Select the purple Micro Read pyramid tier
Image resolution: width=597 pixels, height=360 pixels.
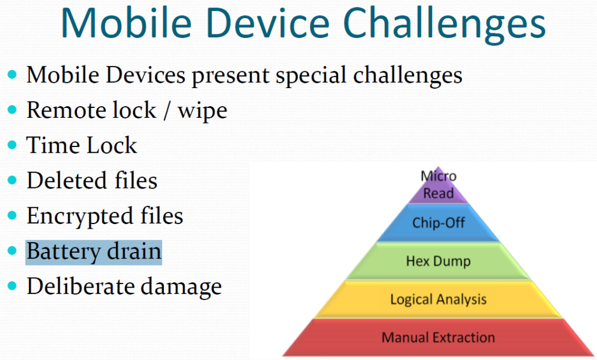coord(438,185)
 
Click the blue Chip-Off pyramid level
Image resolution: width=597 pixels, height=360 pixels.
coord(438,223)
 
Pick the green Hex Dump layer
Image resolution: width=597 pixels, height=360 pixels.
coord(438,261)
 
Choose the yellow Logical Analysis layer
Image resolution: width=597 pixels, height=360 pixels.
coord(438,299)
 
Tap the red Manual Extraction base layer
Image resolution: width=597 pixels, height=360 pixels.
coord(438,337)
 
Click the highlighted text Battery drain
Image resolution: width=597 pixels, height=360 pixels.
coord(94,252)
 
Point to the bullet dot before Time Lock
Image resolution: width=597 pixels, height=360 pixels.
coord(12,145)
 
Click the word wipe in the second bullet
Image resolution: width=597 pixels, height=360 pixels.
coord(202,111)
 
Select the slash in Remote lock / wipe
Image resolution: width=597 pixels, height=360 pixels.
coord(167,110)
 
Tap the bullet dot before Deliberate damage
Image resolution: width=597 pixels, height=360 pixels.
coord(12,286)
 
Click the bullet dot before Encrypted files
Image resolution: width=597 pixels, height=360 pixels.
coord(12,216)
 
